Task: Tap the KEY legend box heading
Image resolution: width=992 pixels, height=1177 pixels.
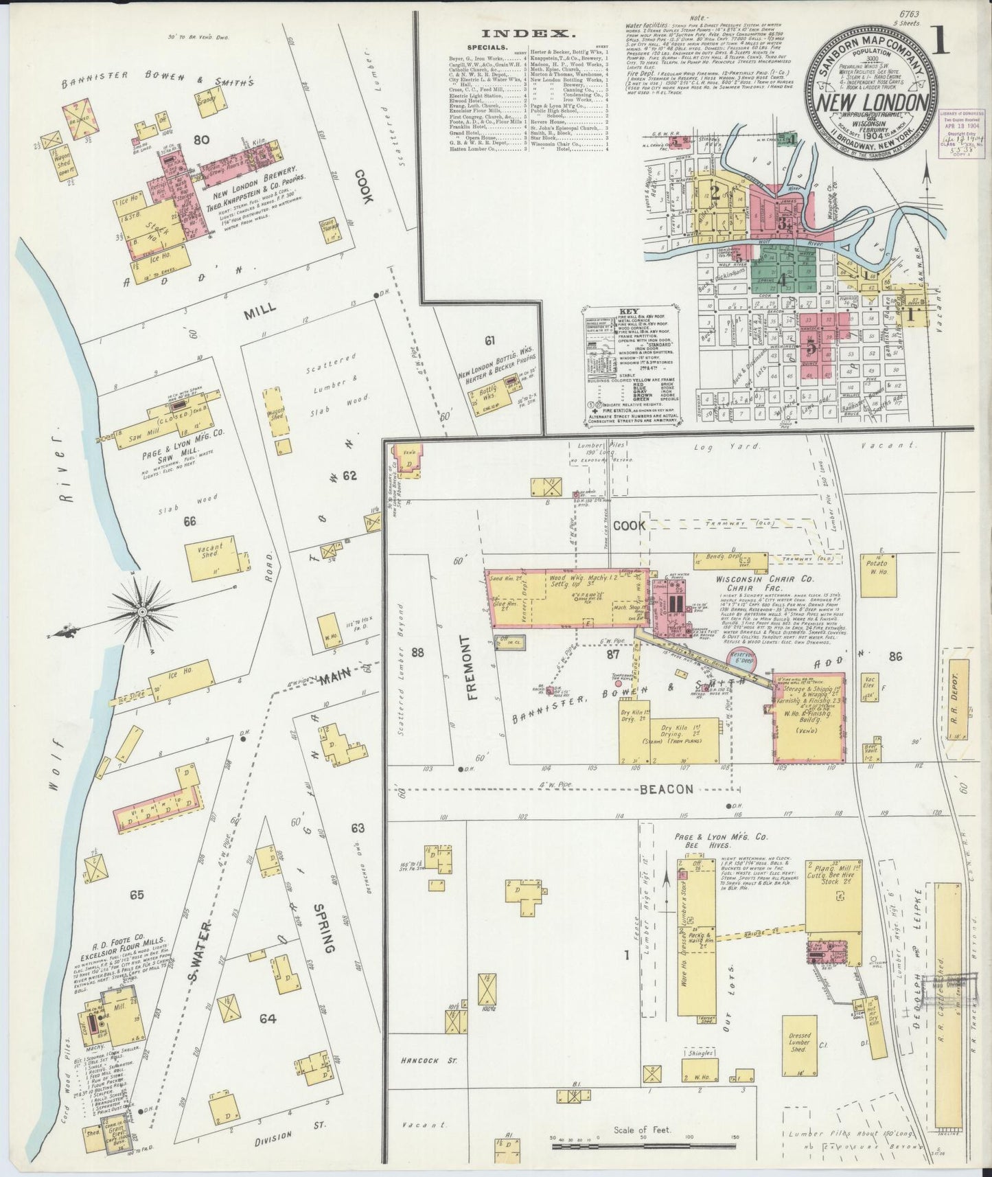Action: (629, 310)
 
